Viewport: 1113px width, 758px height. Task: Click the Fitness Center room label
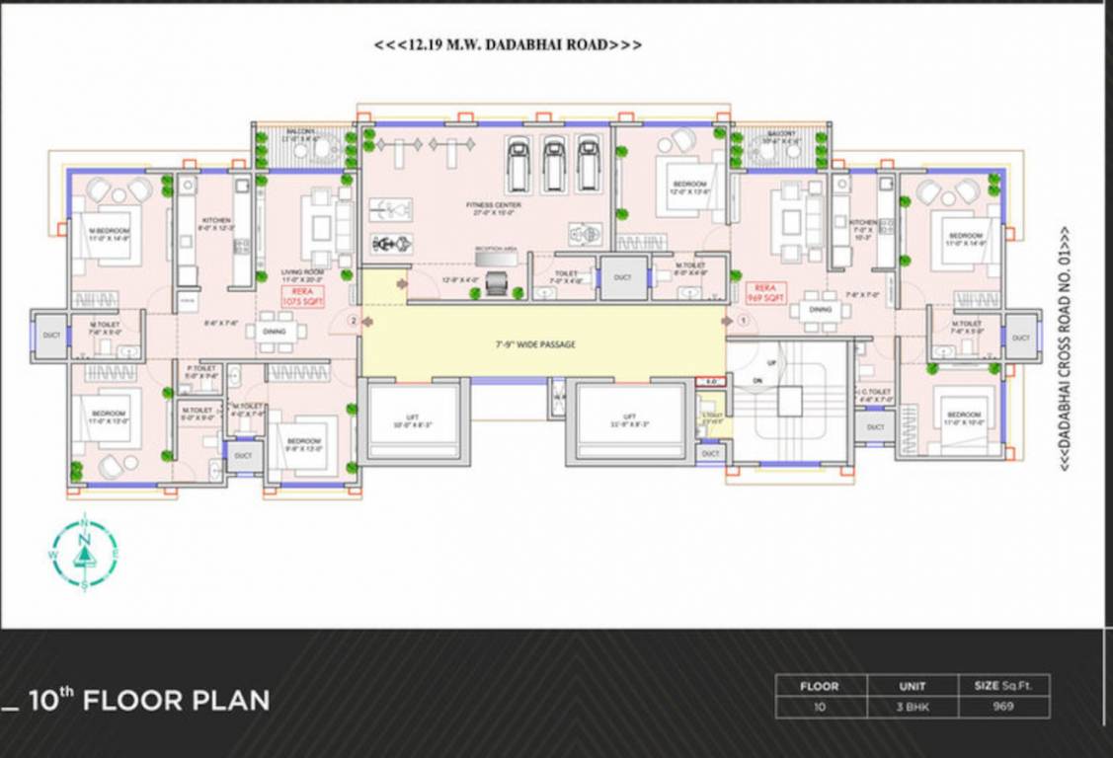coord(494,207)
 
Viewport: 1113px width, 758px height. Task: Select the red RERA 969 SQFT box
coord(766,293)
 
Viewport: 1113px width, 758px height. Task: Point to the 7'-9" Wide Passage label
coord(534,344)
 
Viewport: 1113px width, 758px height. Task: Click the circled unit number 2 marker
coord(353,320)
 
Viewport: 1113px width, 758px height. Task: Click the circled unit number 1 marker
coord(742,320)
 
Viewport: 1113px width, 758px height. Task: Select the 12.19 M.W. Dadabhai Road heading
coord(508,45)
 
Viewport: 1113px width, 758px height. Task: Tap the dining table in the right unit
coord(820,310)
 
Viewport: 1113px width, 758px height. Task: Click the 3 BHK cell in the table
coord(912,707)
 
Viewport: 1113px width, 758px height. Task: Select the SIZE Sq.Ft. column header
coord(1003,686)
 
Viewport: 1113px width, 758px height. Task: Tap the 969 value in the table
coord(1003,707)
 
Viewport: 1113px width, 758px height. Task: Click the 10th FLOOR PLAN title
coord(148,701)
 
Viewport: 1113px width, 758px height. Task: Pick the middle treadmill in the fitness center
coord(554,164)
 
